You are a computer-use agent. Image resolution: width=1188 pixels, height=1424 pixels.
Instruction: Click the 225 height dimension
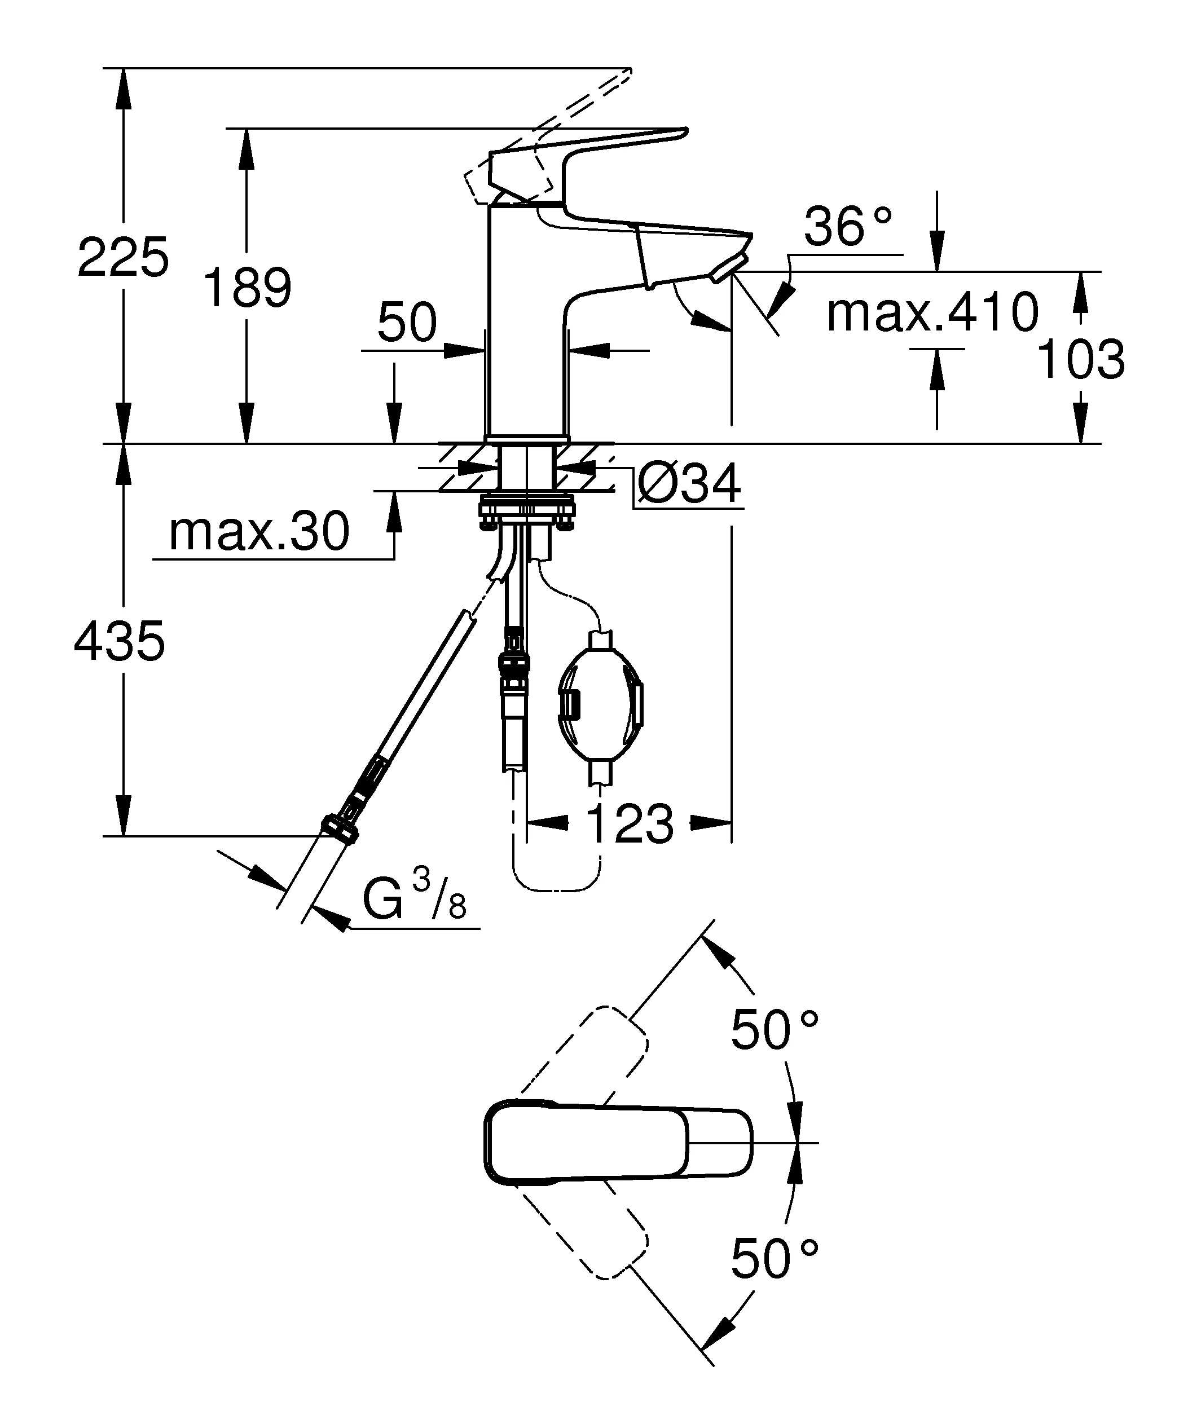pos(123,258)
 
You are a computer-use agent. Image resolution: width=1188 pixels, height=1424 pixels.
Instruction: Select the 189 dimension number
pos(248,288)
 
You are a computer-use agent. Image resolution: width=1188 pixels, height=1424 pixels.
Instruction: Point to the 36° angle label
pos(848,227)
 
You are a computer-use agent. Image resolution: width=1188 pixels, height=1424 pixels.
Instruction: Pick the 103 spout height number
pos(1081,359)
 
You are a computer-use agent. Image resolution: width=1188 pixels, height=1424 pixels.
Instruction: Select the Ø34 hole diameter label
pos(689,484)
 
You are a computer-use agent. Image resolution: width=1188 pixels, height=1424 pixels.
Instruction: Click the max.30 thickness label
pos(259,532)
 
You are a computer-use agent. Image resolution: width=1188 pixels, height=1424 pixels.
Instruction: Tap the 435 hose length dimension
pos(120,641)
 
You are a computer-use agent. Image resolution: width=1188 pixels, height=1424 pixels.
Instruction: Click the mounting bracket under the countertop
pos(526,509)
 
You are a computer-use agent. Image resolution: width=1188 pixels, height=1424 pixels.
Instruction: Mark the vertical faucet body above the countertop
pos(526,325)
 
